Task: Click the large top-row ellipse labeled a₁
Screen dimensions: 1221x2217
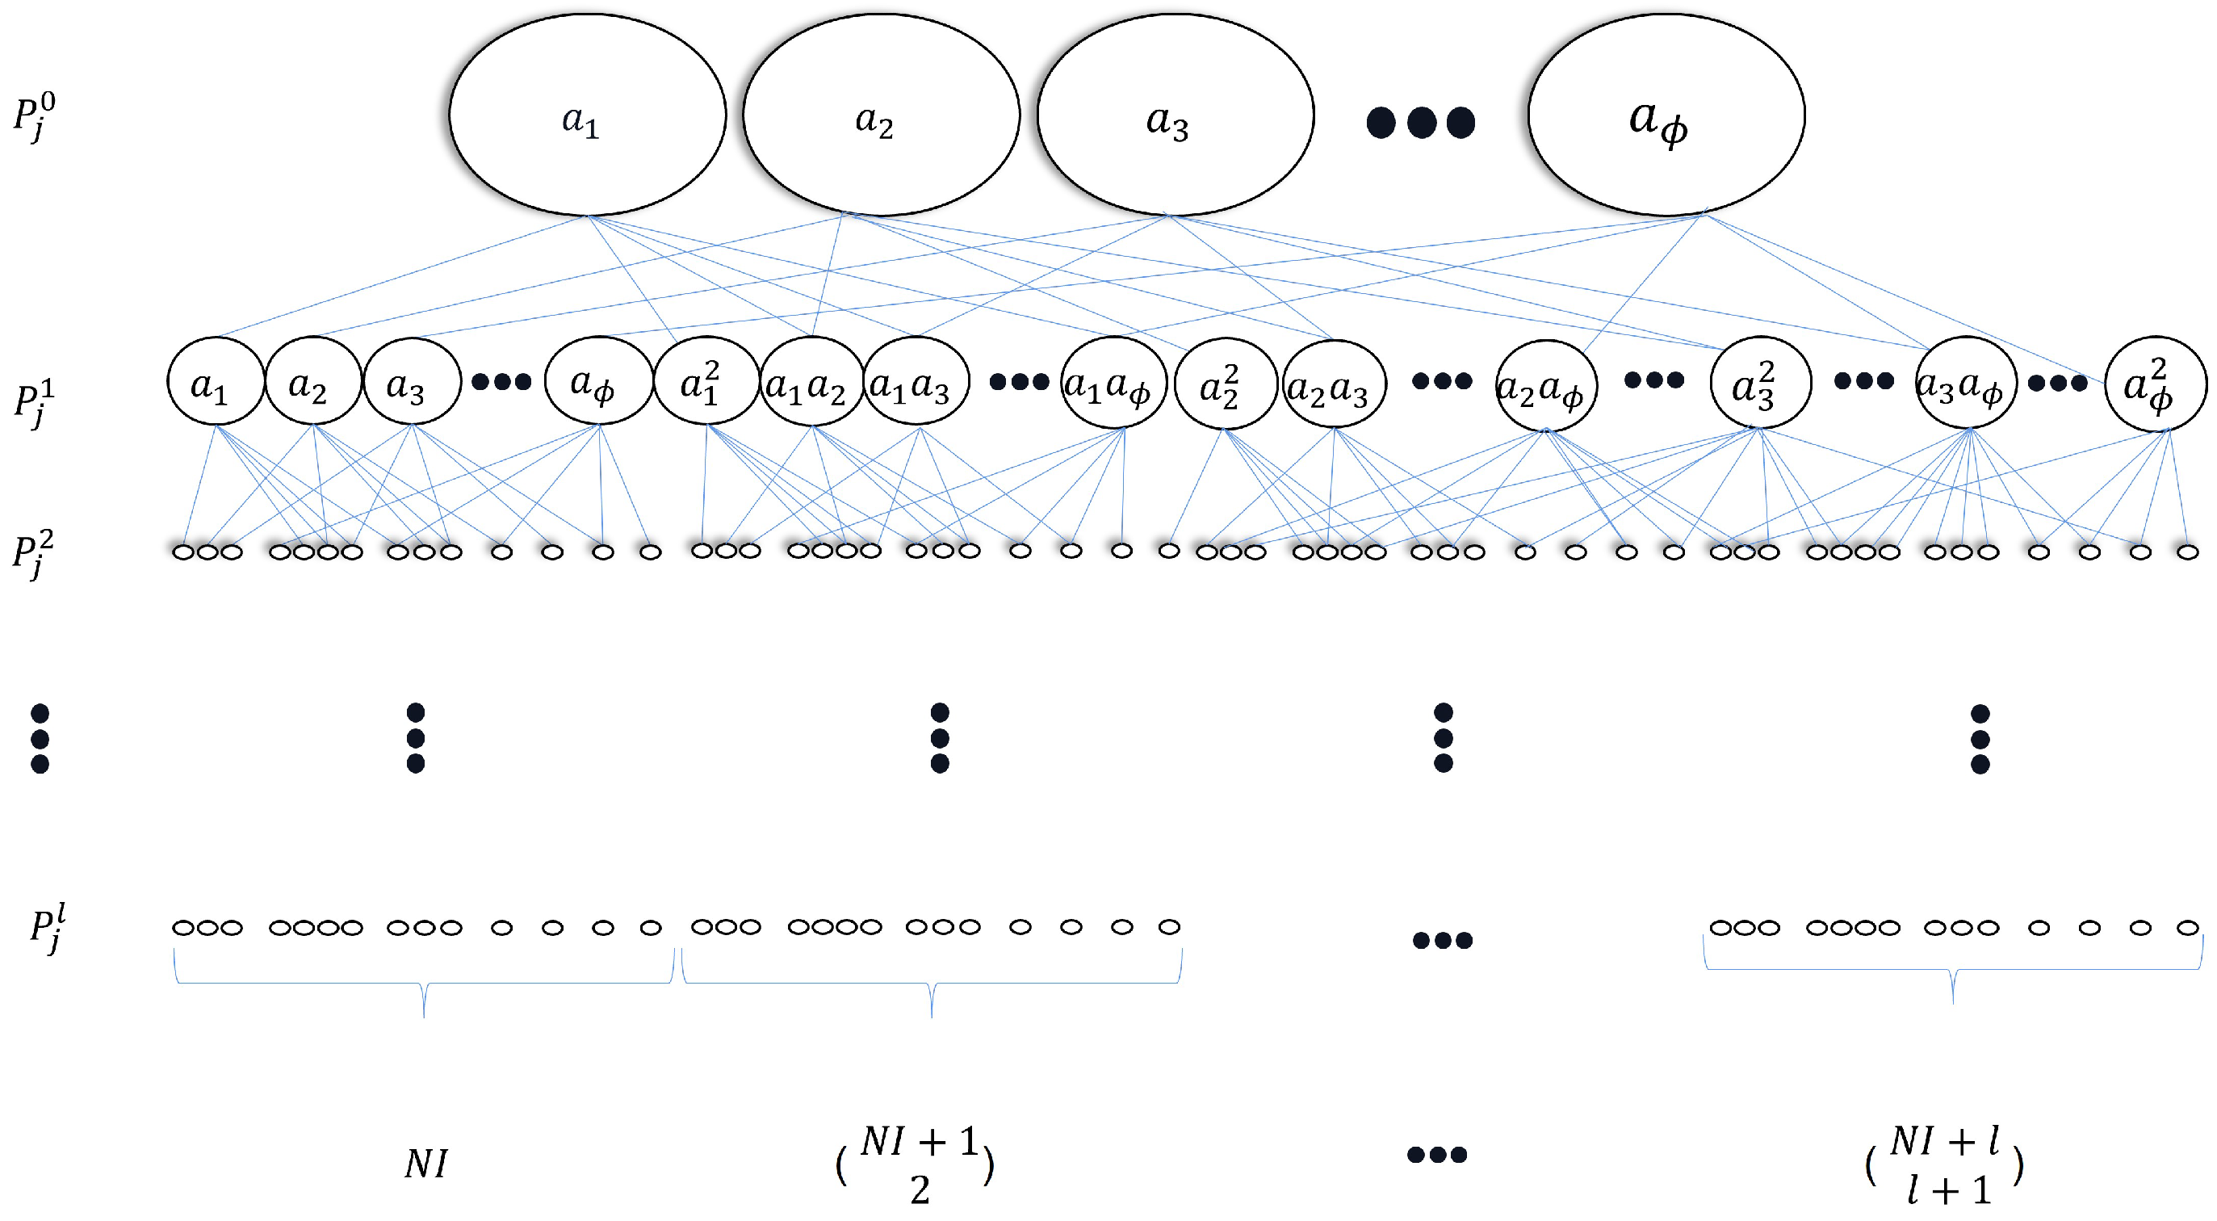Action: point(587,115)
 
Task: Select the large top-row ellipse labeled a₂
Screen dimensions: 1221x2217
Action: point(881,115)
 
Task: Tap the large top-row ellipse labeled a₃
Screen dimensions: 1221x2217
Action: point(1175,115)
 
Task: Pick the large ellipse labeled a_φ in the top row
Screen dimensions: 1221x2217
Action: point(1666,115)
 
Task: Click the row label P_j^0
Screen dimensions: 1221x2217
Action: point(35,115)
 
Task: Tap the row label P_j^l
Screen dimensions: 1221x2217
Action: point(48,927)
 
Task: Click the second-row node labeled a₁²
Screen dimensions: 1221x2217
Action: point(706,380)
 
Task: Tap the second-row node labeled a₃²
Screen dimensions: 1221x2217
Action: point(1760,382)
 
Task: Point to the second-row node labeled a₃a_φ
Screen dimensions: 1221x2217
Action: point(1964,383)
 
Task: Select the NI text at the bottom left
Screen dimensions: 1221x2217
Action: point(426,1164)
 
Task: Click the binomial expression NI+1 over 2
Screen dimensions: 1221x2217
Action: point(916,1165)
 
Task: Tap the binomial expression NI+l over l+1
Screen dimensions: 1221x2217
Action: point(1944,1165)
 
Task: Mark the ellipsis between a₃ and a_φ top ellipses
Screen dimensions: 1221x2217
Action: point(1420,122)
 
